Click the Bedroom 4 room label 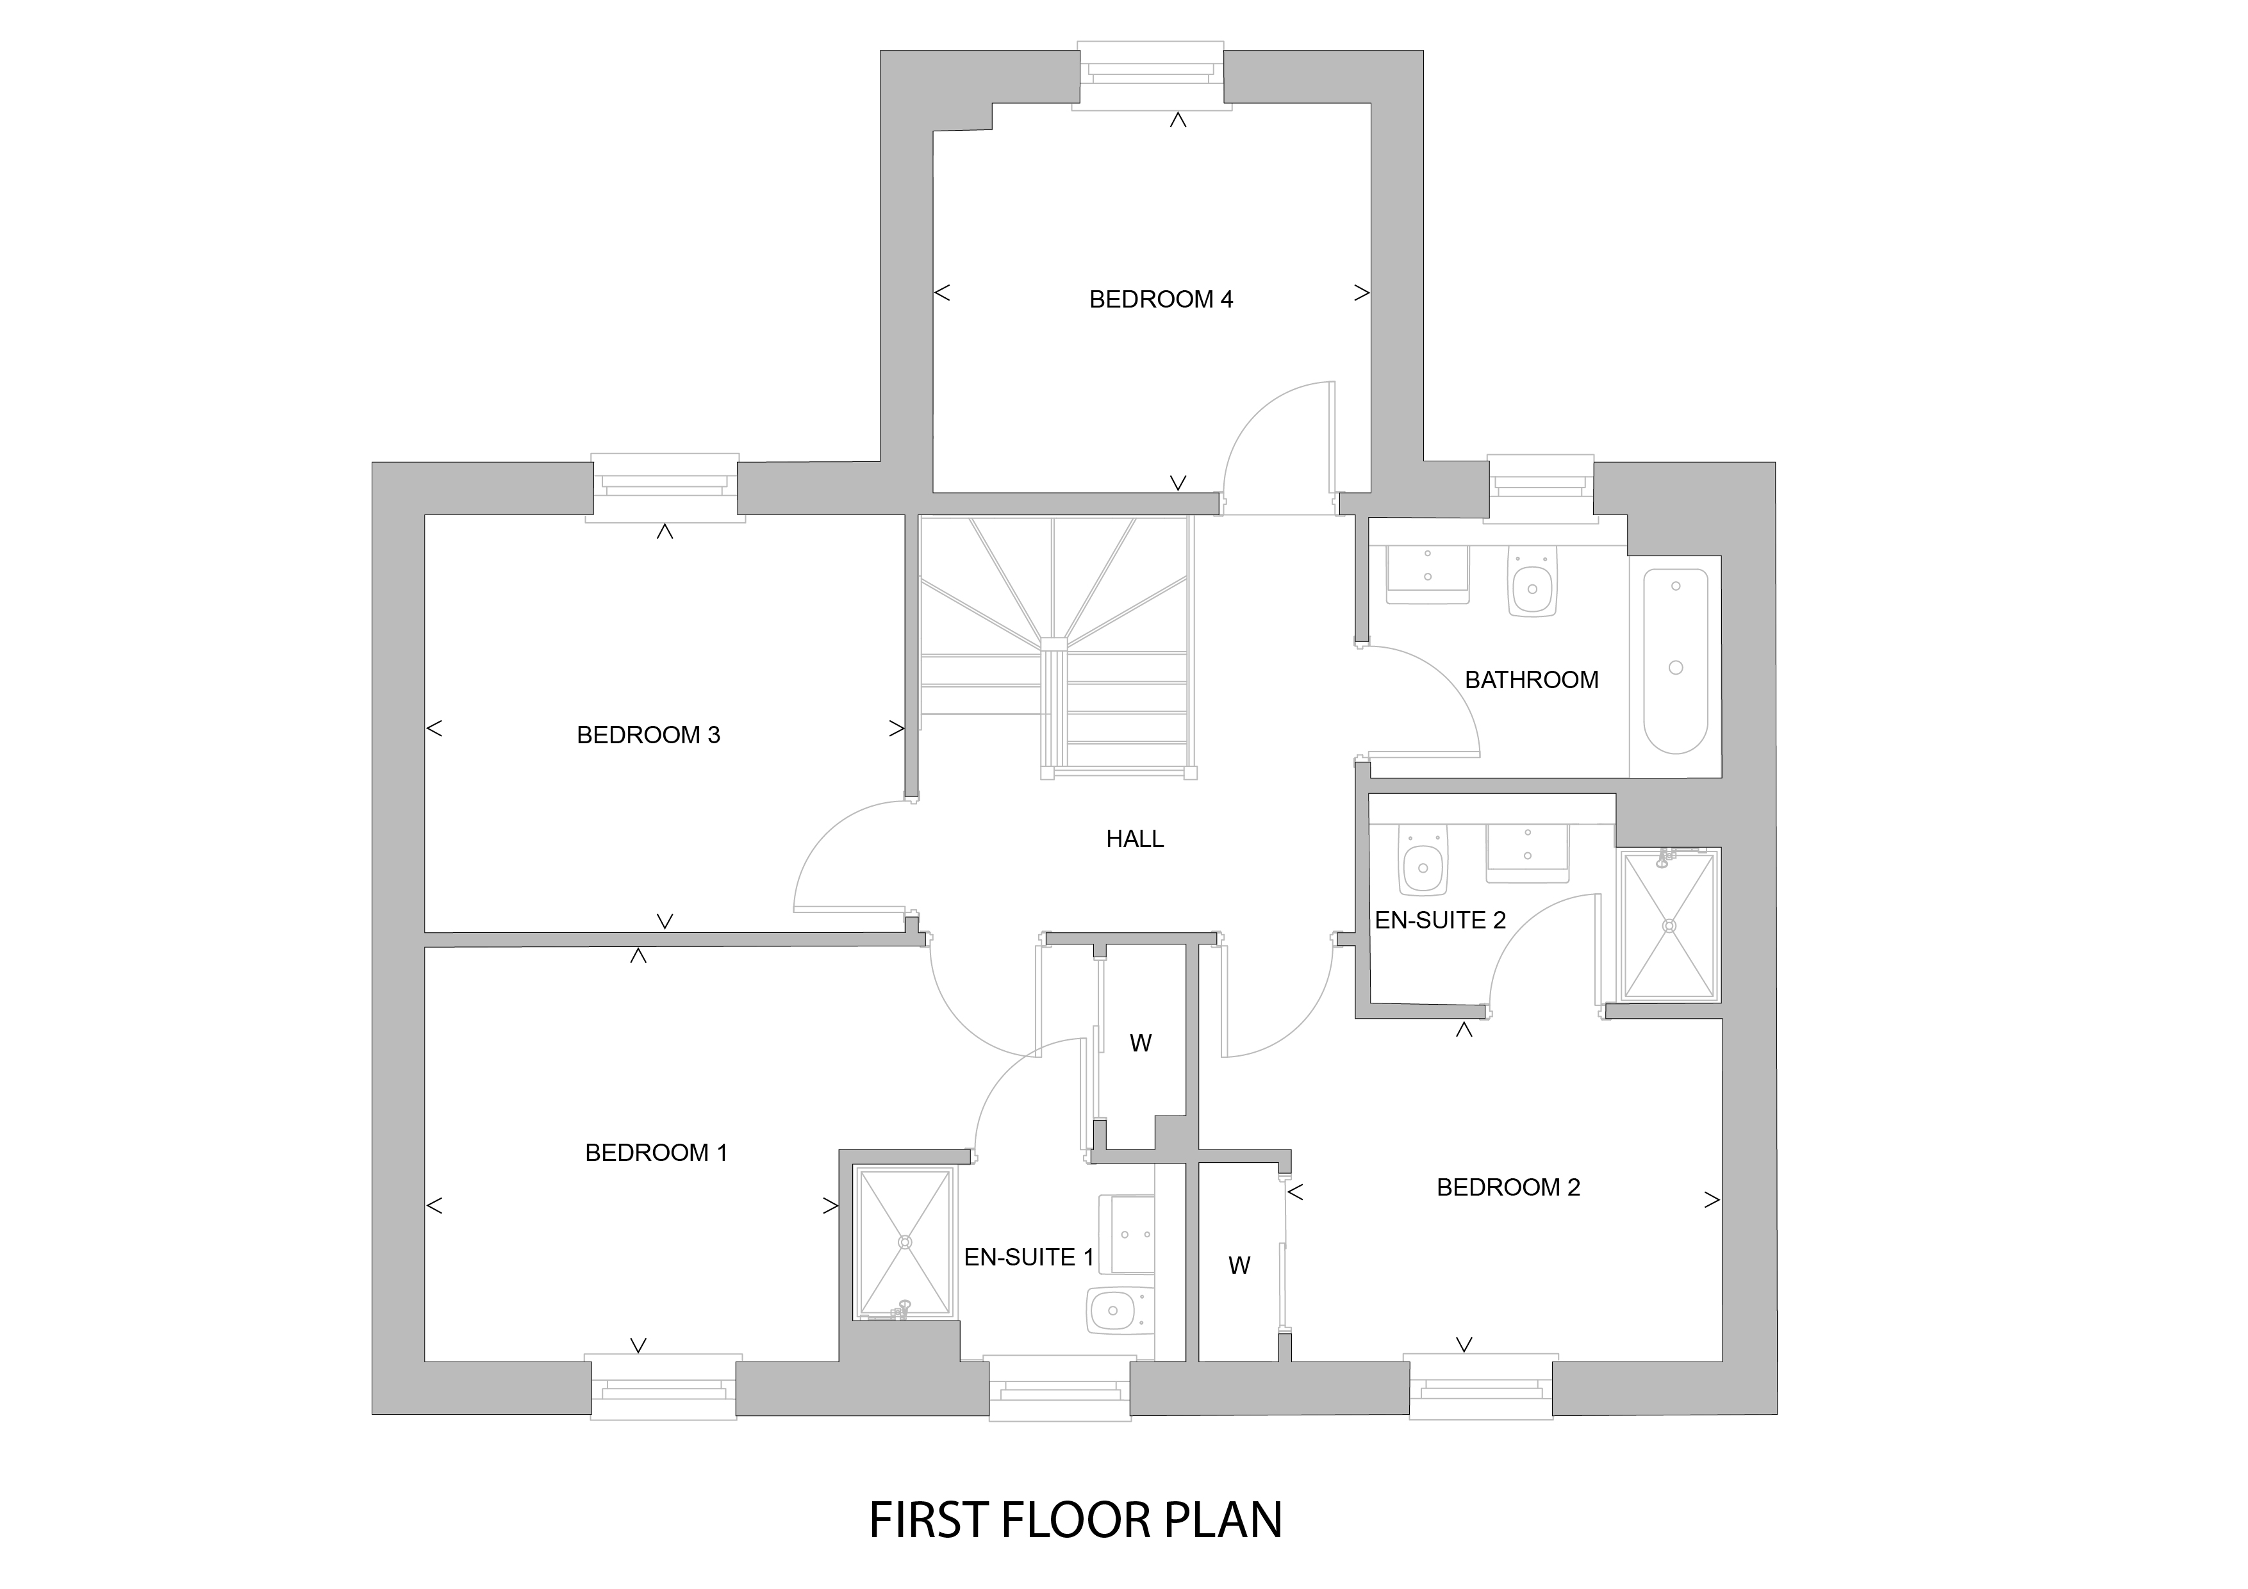pos(1161,300)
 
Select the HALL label pos(1135,839)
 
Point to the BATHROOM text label pos(1532,679)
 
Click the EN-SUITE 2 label pos(1441,920)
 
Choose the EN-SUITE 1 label pos(1029,1257)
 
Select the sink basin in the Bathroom pos(1428,575)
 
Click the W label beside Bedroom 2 pos(1239,1266)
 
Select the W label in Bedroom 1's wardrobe pos(1141,1044)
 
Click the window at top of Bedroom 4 pos(1150,76)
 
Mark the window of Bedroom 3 pos(665,488)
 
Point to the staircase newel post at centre pos(1054,644)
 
